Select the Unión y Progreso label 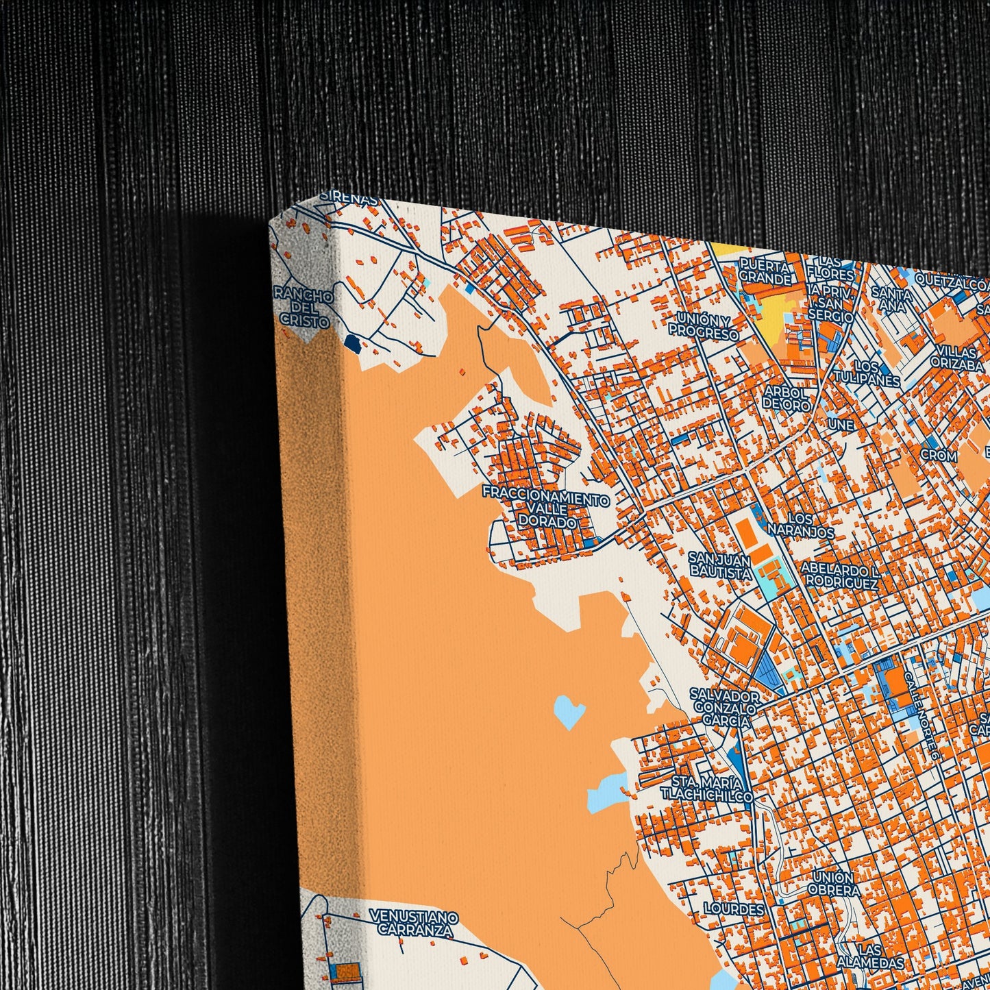click(x=704, y=327)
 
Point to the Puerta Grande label click(x=765, y=271)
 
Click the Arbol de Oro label click(x=787, y=397)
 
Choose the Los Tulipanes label click(x=876, y=373)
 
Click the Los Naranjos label click(x=801, y=525)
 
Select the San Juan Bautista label click(x=719, y=565)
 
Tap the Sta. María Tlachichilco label click(x=707, y=789)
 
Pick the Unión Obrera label click(x=833, y=884)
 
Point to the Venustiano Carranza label click(x=413, y=922)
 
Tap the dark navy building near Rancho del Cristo click(x=352, y=342)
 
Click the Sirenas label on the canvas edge click(x=349, y=198)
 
